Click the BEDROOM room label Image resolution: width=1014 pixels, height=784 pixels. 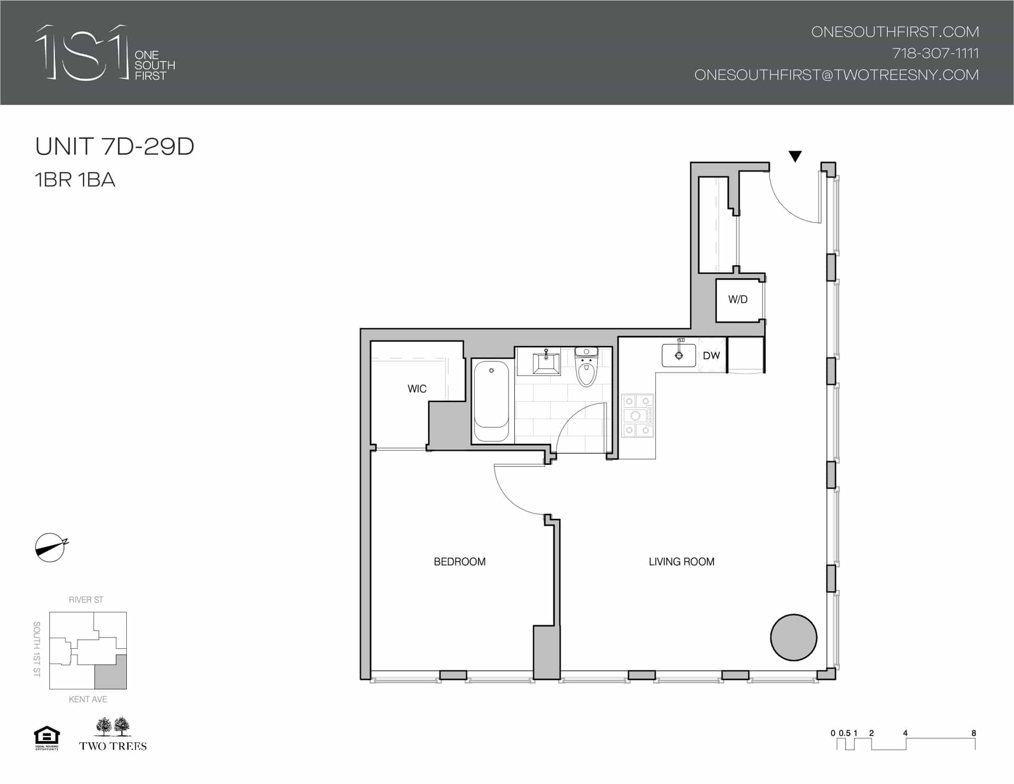pos(459,562)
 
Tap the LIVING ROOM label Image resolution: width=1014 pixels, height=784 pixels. pos(681,562)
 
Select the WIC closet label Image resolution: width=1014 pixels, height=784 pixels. pos(417,389)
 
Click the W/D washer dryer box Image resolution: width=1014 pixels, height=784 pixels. pos(738,300)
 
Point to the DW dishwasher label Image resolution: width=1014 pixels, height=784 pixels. pos(711,356)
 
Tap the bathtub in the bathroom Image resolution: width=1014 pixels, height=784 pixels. pos(492,401)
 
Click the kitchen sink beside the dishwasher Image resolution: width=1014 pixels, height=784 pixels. pos(679,356)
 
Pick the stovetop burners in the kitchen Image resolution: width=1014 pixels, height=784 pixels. pos(637,416)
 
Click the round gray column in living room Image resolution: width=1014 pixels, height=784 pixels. pos(793,637)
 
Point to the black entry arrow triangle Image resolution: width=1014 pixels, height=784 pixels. pos(795,156)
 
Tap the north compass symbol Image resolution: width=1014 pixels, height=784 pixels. pos(51,547)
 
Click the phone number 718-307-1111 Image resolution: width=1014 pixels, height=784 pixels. pos(935,53)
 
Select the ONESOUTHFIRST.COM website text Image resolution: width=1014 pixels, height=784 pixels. pos(895,32)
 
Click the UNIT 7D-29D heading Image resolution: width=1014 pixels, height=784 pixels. pos(115,147)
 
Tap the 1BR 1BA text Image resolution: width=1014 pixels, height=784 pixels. pos(75,180)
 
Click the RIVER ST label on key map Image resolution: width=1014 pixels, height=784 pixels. pos(86,600)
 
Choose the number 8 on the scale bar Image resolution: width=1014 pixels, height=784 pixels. pos(973,733)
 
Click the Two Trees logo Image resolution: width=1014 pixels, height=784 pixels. pos(113,734)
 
